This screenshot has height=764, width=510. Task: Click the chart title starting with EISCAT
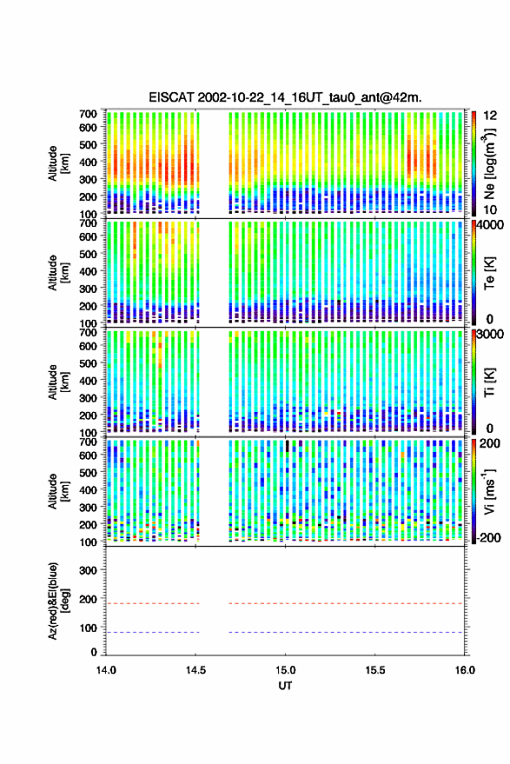point(286,97)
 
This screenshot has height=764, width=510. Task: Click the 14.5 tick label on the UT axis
point(195,670)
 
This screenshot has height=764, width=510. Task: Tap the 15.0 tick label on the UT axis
point(285,670)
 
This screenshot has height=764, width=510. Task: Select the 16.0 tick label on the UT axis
point(464,670)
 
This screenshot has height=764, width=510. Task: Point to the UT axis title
point(285,686)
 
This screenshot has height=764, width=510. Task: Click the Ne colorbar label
point(489,163)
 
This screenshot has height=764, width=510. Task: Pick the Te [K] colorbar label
point(489,273)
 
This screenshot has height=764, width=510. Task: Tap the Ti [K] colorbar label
point(489,382)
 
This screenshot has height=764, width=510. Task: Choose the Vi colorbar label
point(488,491)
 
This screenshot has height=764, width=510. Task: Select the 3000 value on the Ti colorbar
point(490,335)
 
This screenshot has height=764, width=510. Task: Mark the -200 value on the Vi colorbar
point(490,538)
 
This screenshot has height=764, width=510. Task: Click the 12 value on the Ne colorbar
point(490,116)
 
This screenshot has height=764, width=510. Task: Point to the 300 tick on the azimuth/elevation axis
point(88,570)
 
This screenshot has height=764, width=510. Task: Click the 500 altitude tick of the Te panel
point(88,254)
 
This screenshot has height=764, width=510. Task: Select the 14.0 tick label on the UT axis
point(106,670)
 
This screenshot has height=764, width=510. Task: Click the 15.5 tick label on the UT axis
point(374,670)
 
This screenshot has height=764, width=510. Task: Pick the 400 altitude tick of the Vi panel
point(88,490)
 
